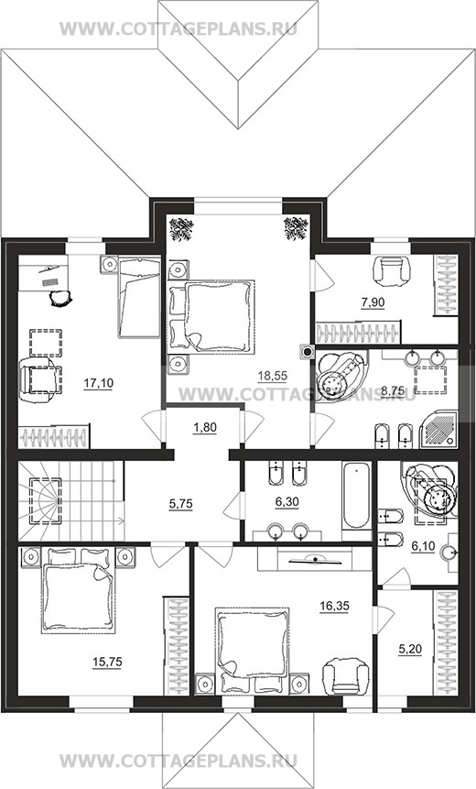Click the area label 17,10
99,383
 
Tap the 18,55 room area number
273,375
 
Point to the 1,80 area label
204,428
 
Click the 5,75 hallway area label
180,503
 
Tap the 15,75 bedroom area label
107,662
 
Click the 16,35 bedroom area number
334,606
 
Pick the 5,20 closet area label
410,649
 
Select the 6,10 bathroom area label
423,547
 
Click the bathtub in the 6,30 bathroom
356,495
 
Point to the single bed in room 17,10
139,296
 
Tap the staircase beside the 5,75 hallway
71,501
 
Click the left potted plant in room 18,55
181,229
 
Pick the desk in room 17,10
43,273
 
